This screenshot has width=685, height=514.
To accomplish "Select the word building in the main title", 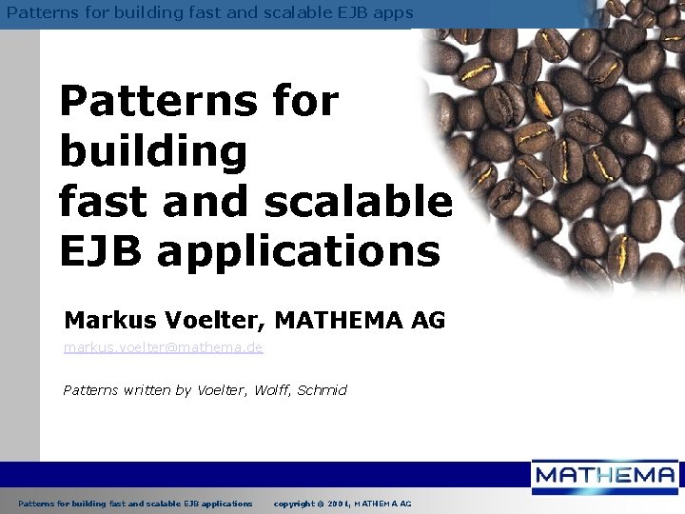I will [152, 152].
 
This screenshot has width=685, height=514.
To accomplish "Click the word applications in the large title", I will [299, 252].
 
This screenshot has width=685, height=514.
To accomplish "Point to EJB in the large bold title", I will [100, 250].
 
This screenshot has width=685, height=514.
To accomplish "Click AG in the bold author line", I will [428, 321].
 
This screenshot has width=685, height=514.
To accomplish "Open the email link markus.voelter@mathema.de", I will [164, 348].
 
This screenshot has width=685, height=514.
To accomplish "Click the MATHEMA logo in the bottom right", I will [604, 475].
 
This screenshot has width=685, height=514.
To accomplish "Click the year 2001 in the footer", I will [342, 503].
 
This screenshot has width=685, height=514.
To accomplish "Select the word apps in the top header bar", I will [393, 13].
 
